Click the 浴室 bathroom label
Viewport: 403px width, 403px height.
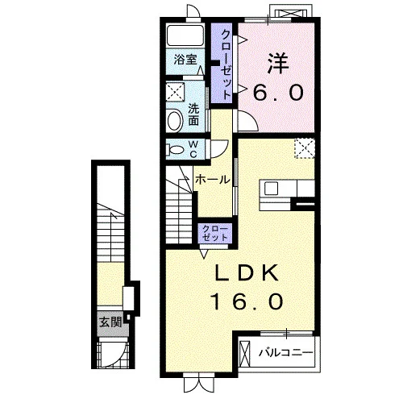[x=185, y=60]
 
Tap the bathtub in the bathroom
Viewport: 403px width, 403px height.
[x=185, y=35]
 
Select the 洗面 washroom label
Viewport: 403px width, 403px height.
[x=193, y=114]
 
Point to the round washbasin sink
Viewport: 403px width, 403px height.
[x=176, y=121]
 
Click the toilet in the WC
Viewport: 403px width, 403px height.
[x=174, y=149]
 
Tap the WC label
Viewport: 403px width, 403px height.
[x=193, y=149]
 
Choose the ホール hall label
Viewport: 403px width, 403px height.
[x=213, y=180]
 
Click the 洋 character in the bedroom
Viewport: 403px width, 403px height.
[x=278, y=64]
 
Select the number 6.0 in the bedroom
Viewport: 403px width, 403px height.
[x=278, y=92]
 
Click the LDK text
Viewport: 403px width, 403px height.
[x=247, y=273]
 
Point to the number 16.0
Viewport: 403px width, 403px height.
[x=247, y=301]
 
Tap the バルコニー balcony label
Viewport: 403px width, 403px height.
[x=286, y=352]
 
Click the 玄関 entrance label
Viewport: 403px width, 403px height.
[x=110, y=322]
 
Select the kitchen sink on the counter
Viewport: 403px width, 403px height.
[x=271, y=189]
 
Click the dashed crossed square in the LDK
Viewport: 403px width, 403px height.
[x=305, y=148]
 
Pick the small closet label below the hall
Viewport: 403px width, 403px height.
[x=214, y=233]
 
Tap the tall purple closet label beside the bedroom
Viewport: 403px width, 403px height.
[x=226, y=64]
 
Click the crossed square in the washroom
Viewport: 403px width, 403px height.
[x=175, y=92]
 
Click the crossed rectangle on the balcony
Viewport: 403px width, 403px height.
[x=244, y=354]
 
